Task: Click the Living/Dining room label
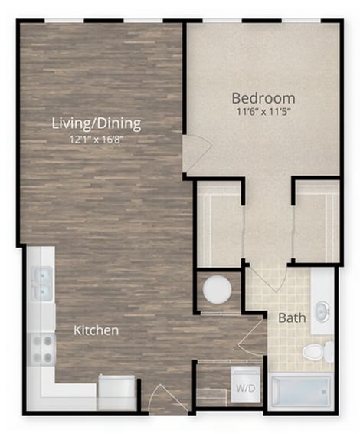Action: point(96,123)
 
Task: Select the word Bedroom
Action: point(263,98)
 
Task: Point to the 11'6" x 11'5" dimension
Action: point(263,112)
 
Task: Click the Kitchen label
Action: point(96,330)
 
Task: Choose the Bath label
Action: point(291,317)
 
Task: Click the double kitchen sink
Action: point(42,283)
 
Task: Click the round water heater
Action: point(217,291)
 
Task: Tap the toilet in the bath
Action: point(315,352)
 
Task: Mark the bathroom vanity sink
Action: point(322,311)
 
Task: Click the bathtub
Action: point(299,392)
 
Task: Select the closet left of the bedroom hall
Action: point(219,225)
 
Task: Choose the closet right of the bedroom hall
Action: point(316,225)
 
